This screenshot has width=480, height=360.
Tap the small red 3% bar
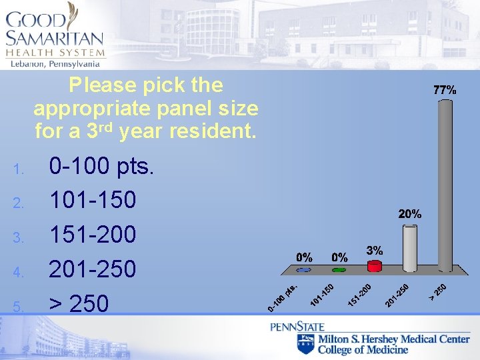point(375,267)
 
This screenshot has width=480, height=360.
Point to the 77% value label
point(445,89)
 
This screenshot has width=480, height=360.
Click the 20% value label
point(410,214)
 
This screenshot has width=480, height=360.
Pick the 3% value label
point(375,250)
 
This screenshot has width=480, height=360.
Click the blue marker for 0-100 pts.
point(304,270)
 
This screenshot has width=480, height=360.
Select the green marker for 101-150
point(339,270)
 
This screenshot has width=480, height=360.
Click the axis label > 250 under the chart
point(437,291)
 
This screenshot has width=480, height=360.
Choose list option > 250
point(79,303)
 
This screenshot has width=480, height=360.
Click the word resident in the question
point(213,131)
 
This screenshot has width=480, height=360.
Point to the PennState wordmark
point(297,327)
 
